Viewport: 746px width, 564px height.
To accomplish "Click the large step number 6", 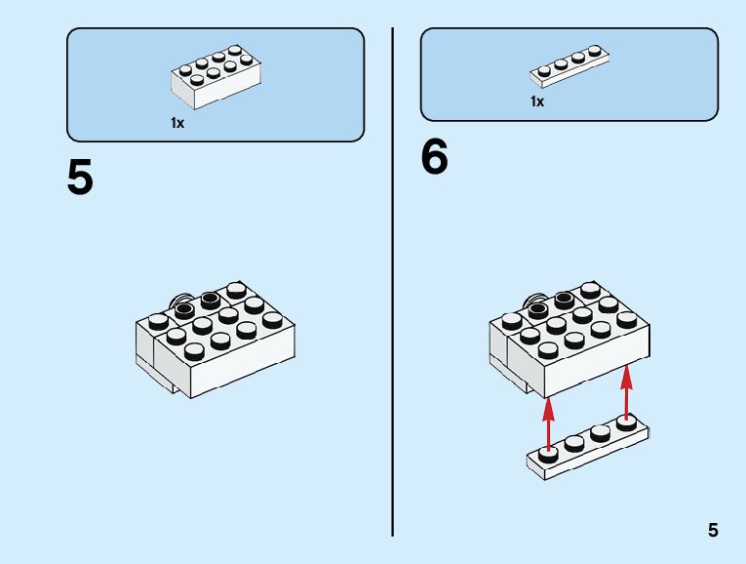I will pos(435,157).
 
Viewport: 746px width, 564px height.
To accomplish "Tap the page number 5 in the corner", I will pos(713,531).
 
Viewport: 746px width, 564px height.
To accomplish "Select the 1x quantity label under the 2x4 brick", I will pos(177,123).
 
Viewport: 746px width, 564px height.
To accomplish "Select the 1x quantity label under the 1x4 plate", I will pos(537,101).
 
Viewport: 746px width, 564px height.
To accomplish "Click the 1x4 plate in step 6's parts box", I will pos(570,65).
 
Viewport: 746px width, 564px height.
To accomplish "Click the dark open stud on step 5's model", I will pos(184,310).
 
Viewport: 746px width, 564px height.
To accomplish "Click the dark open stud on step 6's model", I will pos(537,310).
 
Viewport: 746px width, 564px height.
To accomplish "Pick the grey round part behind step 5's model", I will pos(178,299).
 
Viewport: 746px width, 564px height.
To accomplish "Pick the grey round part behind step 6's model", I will pos(531,299).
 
